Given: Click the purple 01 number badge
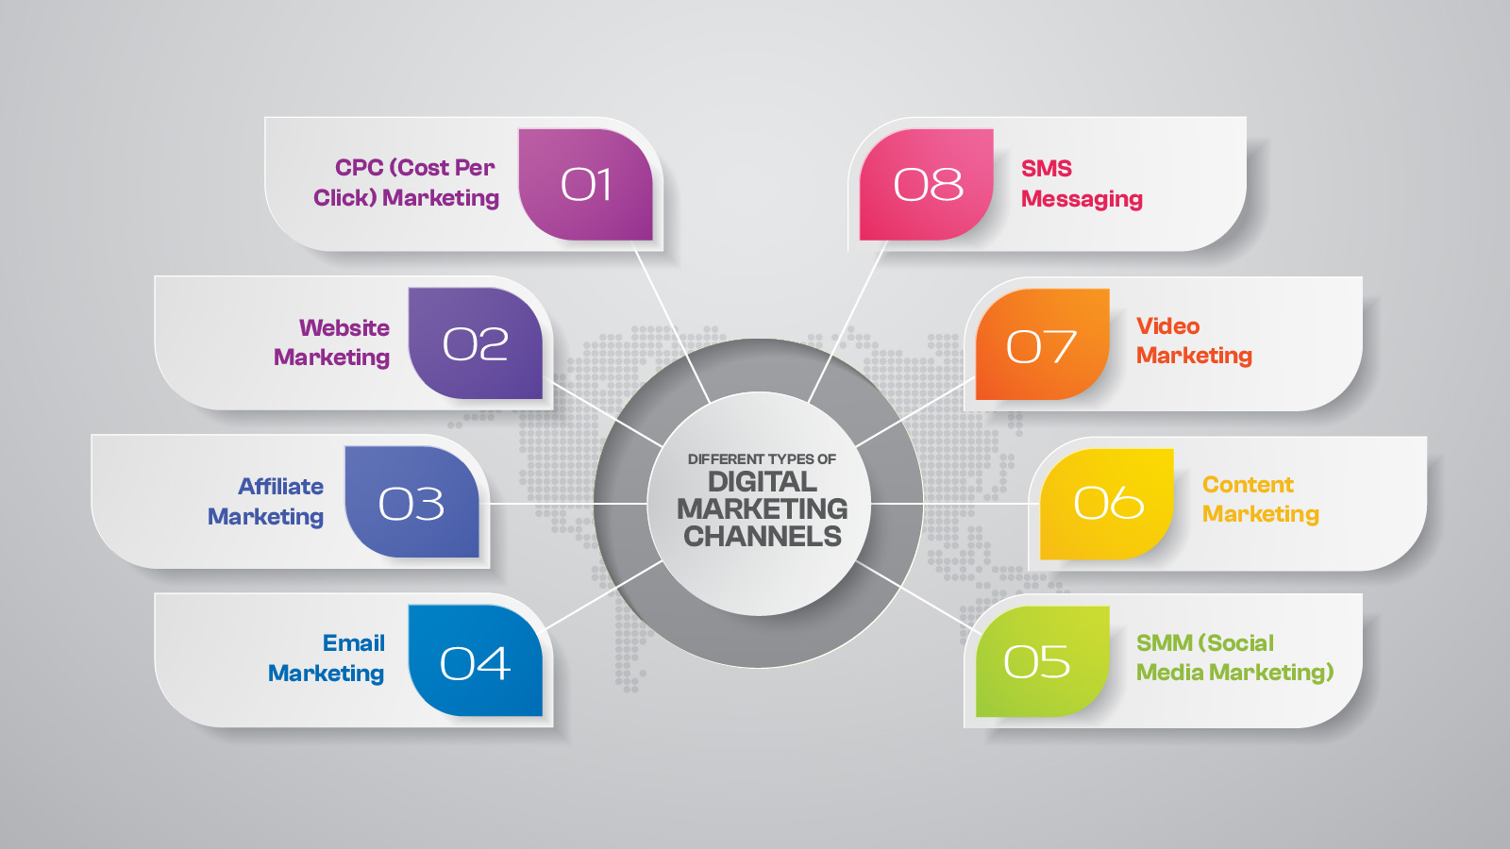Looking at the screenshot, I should [x=585, y=184].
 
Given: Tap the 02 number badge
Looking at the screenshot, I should [x=475, y=343].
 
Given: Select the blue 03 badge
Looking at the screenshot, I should [x=411, y=503].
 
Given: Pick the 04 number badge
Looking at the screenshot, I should [x=475, y=661].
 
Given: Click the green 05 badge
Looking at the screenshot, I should [x=1038, y=661].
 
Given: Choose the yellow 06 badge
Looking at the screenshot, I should [x=1107, y=503].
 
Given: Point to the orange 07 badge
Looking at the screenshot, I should [x=1041, y=345].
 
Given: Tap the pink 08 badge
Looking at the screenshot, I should [x=927, y=184].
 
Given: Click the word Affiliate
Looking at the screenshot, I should [x=280, y=487].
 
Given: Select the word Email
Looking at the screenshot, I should [x=354, y=643].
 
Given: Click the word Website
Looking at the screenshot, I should [x=344, y=328].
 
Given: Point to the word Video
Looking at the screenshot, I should [x=1167, y=326].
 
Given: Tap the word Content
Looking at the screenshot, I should [x=1248, y=485].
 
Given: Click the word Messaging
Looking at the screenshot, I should [x=1082, y=199].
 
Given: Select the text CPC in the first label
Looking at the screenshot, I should [x=359, y=168].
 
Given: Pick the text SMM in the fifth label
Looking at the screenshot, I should [x=1165, y=643].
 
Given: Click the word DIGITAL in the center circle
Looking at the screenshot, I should [x=763, y=482].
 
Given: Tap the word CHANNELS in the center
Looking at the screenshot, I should [x=763, y=537].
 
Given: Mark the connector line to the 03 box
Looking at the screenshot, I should [x=540, y=504].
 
